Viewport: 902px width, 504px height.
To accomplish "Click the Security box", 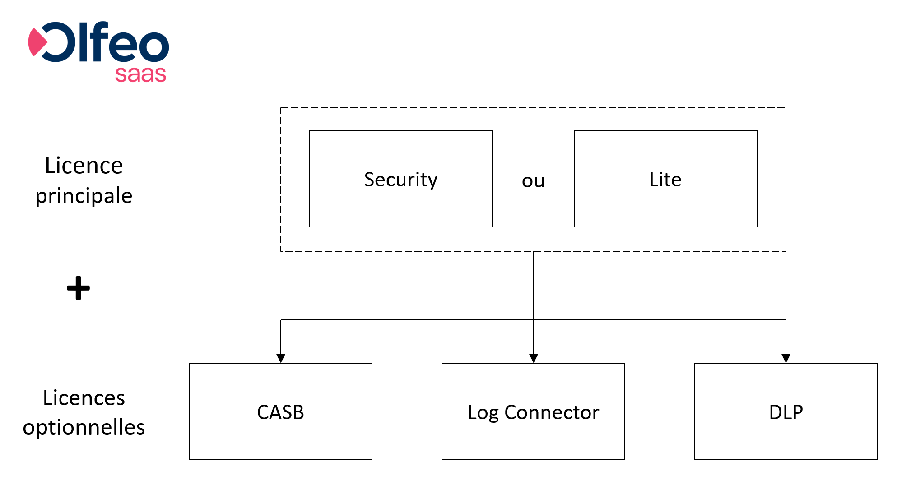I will [x=401, y=179].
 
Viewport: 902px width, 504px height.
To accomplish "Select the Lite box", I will [x=665, y=179].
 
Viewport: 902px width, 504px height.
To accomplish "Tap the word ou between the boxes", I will [x=533, y=181].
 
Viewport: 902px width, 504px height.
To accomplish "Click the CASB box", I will [x=280, y=412].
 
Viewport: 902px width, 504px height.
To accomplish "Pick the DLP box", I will [x=786, y=412].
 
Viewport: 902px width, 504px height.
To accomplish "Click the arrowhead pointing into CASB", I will [x=281, y=358].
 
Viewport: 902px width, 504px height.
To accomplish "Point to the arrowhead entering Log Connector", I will [x=534, y=358].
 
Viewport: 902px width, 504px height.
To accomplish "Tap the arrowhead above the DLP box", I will [x=786, y=358].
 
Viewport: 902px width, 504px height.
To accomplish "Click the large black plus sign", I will [x=79, y=288].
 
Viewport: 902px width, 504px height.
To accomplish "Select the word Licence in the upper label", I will [x=84, y=166].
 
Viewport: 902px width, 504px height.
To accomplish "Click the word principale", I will [x=84, y=196].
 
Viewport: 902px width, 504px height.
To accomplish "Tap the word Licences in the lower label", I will [x=84, y=398].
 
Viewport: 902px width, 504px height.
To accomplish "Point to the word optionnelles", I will [x=84, y=427].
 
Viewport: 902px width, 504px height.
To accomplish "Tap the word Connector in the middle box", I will [x=552, y=412].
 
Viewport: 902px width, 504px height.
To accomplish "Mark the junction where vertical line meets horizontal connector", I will [x=534, y=320].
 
